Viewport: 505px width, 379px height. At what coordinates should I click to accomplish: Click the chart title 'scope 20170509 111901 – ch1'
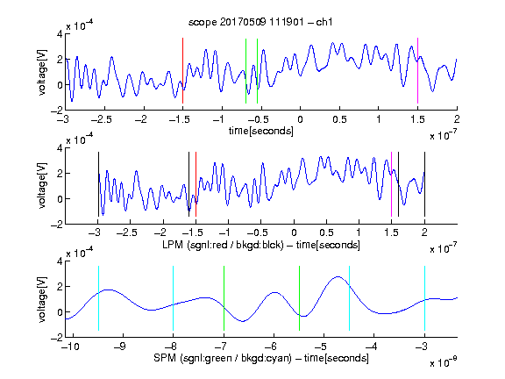[x=260, y=22]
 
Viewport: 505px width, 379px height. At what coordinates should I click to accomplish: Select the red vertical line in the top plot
[x=182, y=70]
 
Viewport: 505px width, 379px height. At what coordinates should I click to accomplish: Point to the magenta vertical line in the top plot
[x=417, y=70]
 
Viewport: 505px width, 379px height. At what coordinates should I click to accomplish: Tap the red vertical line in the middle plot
[x=196, y=184]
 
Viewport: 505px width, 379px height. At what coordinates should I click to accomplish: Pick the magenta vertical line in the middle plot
[x=391, y=184]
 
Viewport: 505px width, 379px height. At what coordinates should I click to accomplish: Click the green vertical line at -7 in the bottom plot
[x=224, y=298]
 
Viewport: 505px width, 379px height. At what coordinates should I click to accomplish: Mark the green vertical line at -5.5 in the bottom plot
[x=299, y=298]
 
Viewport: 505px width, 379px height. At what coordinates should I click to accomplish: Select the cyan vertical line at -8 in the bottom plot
[x=174, y=298]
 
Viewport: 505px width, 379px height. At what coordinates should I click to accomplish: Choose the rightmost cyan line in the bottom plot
[x=425, y=298]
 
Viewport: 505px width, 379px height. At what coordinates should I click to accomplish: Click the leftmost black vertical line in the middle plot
[x=98, y=184]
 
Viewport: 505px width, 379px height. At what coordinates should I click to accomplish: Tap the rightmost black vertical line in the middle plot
[x=424, y=184]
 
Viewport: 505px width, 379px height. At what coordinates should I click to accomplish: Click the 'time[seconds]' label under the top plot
[x=261, y=131]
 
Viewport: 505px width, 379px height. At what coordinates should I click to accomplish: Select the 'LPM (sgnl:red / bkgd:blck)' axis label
[x=223, y=245]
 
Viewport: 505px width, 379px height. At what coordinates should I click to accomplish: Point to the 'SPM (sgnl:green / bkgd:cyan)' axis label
[x=223, y=358]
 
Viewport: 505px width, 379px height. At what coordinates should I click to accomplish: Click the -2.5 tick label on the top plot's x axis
[x=102, y=119]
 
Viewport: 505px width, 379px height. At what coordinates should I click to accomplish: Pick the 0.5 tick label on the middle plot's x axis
[x=326, y=232]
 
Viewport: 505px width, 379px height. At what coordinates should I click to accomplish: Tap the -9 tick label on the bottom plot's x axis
[x=120, y=347]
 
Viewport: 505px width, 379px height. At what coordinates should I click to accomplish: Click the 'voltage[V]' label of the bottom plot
[x=42, y=299]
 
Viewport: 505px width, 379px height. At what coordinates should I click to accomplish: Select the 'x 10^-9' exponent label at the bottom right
[x=444, y=362]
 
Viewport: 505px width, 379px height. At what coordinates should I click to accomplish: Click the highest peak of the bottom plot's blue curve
[x=338, y=276]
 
